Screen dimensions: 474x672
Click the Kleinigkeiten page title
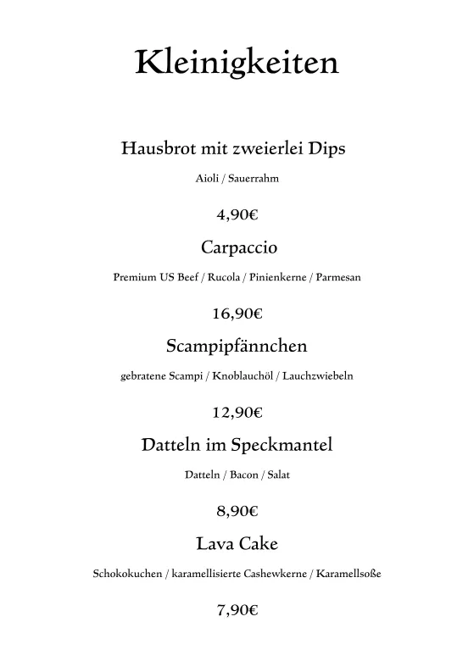tap(237, 63)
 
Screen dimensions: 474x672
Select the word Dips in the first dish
tap(328, 149)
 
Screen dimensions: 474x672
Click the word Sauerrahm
tap(254, 179)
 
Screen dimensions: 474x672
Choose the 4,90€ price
tap(237, 215)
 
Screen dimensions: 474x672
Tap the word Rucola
tap(225, 277)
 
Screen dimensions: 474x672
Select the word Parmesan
tap(338, 277)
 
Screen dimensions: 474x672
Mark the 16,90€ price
tap(237, 314)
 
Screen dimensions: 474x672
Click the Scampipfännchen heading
tap(237, 347)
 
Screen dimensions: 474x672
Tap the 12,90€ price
tap(237, 413)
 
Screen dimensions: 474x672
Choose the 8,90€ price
tap(237, 511)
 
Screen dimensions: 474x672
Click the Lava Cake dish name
tap(237, 543)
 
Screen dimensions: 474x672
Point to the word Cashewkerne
tap(272, 574)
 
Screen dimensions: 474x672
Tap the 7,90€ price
tap(237, 609)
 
